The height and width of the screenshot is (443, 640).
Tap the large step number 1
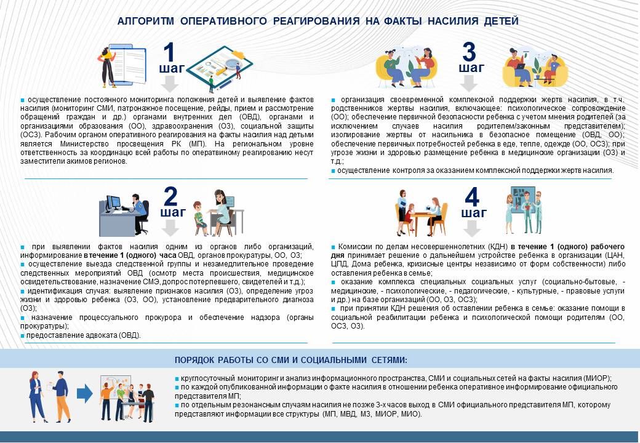(x=169, y=52)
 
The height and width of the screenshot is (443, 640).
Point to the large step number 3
(x=469, y=52)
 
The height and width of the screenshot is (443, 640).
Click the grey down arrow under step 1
(x=169, y=83)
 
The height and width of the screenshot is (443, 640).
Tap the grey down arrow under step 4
(x=472, y=228)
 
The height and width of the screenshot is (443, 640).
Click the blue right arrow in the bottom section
(x=84, y=394)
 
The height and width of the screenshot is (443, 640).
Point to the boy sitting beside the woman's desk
(x=200, y=218)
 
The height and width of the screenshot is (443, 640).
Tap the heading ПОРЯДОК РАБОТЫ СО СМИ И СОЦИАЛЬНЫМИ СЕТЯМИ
(x=290, y=360)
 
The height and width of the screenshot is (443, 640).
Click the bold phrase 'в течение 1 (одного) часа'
(x=130, y=255)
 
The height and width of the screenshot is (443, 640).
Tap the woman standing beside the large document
(x=106, y=67)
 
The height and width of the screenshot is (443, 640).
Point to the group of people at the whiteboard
(x=127, y=399)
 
